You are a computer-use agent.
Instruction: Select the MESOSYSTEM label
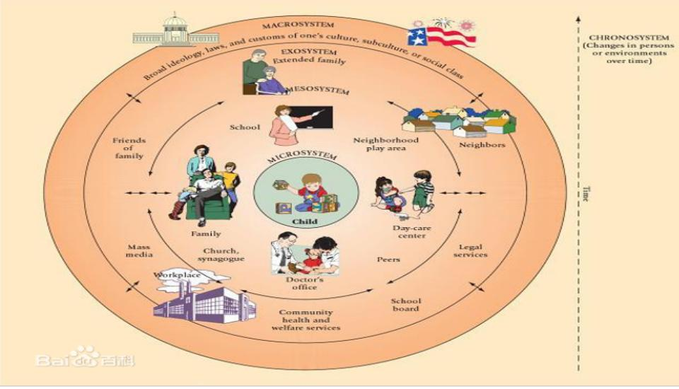tap(316, 91)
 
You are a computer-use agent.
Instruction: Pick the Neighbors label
tap(482, 144)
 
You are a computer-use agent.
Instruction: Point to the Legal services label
tap(470, 250)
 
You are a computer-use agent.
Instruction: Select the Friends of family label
tap(129, 148)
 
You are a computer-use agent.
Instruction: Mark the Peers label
tap(388, 260)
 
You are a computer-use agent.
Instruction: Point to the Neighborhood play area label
tap(386, 144)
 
